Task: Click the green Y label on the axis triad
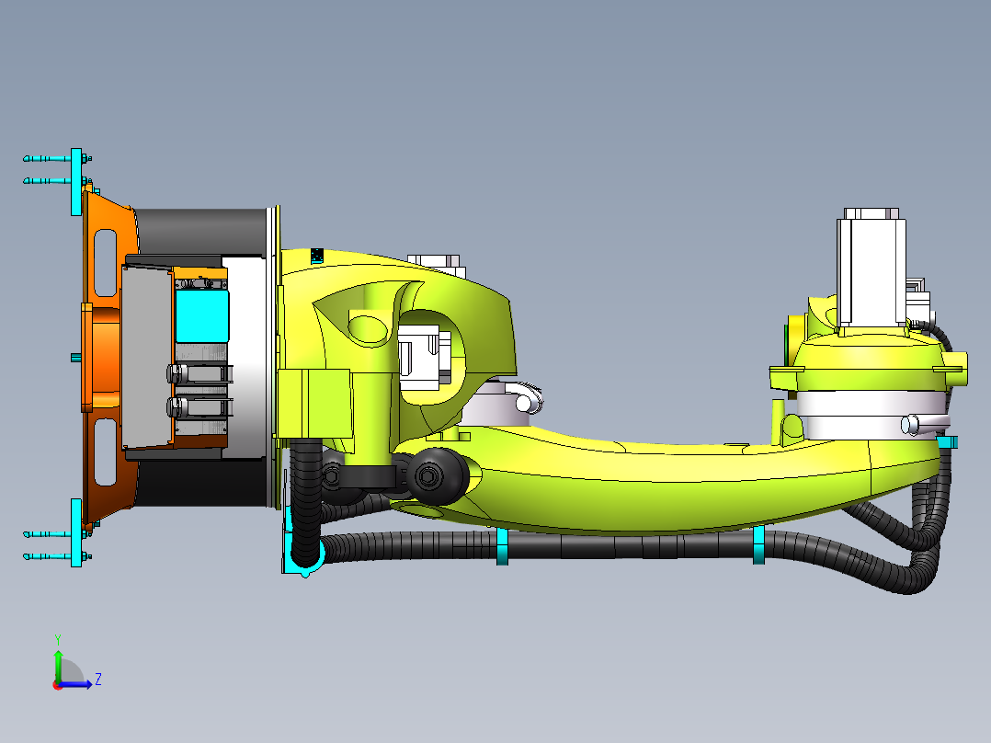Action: click(x=57, y=638)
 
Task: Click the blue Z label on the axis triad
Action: click(x=97, y=680)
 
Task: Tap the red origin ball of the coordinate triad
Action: click(x=57, y=684)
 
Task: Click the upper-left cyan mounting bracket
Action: click(x=76, y=181)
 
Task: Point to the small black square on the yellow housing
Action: click(x=317, y=255)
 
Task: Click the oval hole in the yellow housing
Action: click(x=368, y=328)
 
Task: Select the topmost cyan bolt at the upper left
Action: click(x=46, y=159)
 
